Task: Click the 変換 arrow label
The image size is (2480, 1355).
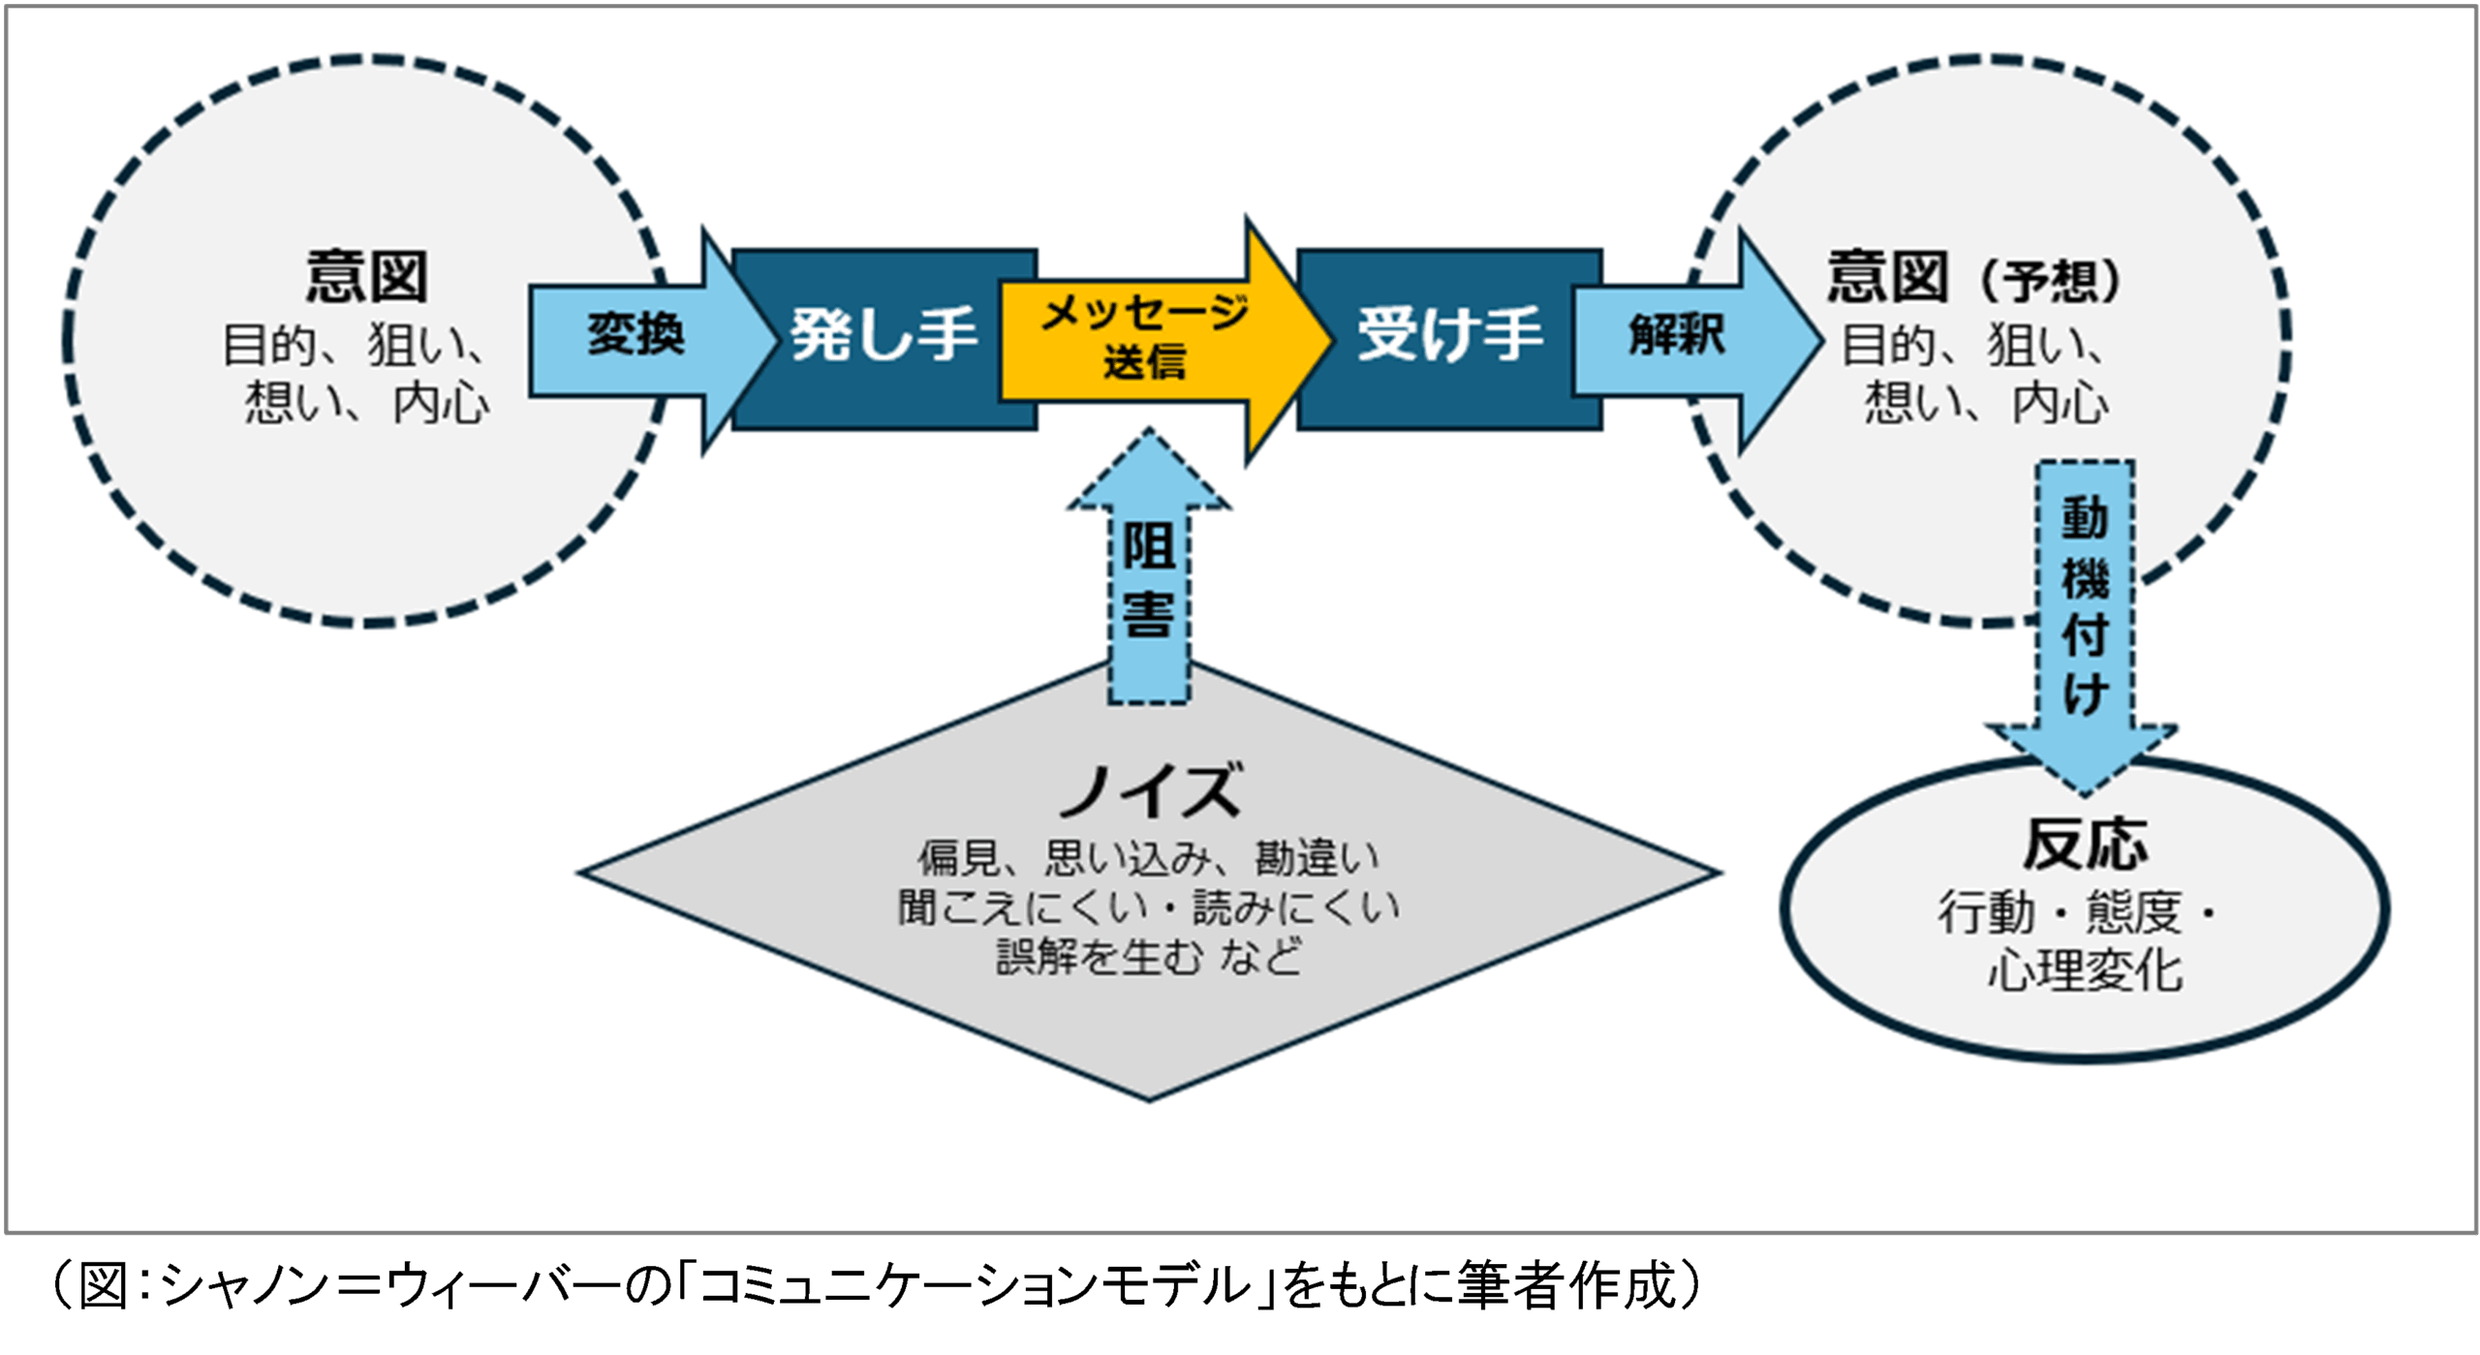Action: (635, 335)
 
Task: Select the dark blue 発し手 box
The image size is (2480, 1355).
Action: (882, 335)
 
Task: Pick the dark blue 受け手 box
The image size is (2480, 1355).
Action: (1449, 335)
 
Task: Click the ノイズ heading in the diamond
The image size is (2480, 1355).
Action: (1149, 789)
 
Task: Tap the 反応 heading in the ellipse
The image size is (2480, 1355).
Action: (2085, 846)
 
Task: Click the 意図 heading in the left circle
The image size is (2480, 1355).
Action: (366, 277)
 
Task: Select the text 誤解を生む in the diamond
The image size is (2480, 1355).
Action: (1098, 958)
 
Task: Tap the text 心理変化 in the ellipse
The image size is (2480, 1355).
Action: (2085, 970)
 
